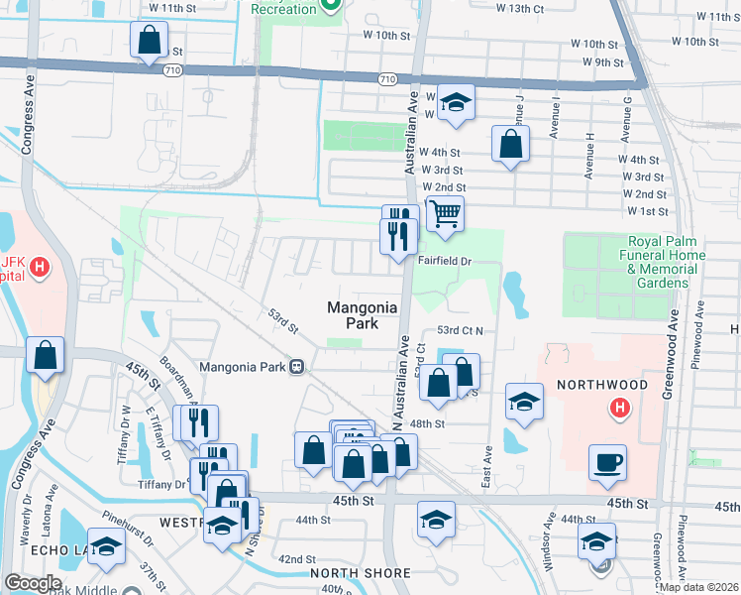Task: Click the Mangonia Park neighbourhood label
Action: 363,315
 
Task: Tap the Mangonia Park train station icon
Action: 295,367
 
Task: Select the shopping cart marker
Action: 446,212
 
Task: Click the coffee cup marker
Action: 606,462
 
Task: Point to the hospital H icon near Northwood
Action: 620,407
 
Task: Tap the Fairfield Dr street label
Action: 447,261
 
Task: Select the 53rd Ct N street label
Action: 459,330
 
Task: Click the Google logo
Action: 33,583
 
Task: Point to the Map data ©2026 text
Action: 697,587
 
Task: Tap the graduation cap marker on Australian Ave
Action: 456,102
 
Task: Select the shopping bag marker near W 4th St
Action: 509,145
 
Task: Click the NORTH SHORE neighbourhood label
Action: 360,573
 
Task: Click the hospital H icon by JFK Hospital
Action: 40,266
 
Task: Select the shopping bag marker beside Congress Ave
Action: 46,356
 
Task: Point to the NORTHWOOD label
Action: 601,385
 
